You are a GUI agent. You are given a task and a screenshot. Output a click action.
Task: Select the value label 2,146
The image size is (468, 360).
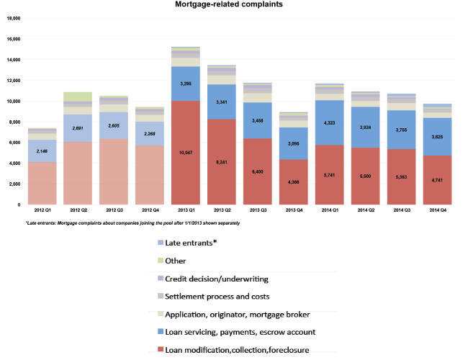(42, 151)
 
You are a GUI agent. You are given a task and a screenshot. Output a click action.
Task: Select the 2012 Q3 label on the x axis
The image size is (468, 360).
(114, 210)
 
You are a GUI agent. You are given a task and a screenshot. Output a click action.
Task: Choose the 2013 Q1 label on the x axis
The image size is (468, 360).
(185, 210)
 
